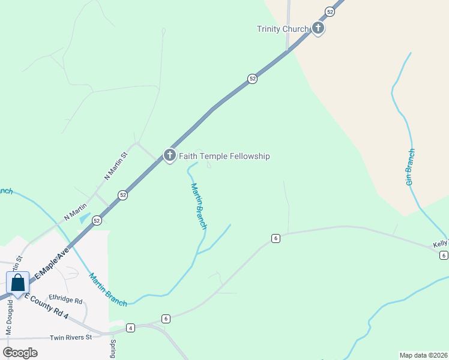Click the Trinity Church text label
pyautogui.click(x=282, y=29)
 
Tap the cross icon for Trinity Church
pyautogui.click(x=318, y=28)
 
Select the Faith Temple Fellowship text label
pyautogui.click(x=224, y=156)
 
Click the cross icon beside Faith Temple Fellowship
pyautogui.click(x=169, y=155)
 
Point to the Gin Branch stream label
pyautogui.click(x=411, y=166)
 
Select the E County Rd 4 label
pyautogui.click(x=52, y=291)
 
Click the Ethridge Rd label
pyautogui.click(x=65, y=299)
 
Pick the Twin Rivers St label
pyautogui.click(x=70, y=337)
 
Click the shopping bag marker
pyautogui.click(x=18, y=283)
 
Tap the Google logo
pyautogui.click(x=20, y=352)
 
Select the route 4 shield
pyautogui.click(x=130, y=328)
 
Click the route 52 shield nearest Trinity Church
pyautogui.click(x=330, y=11)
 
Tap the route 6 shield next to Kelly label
pyautogui.click(x=444, y=256)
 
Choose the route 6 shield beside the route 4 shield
pyautogui.click(x=166, y=319)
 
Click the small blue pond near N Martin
pyautogui.click(x=85, y=218)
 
